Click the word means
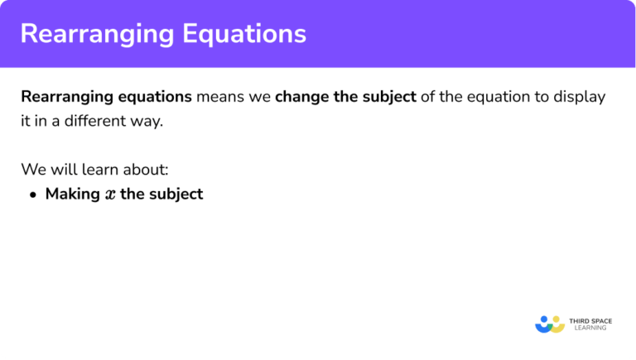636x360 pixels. tap(219, 97)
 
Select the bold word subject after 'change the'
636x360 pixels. tap(388, 97)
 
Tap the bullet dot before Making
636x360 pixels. tap(33, 195)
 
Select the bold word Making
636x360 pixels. tap(70, 194)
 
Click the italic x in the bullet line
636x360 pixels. tap(110, 195)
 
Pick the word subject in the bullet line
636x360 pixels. tap(176, 194)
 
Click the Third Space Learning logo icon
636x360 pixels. tap(550, 323)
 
